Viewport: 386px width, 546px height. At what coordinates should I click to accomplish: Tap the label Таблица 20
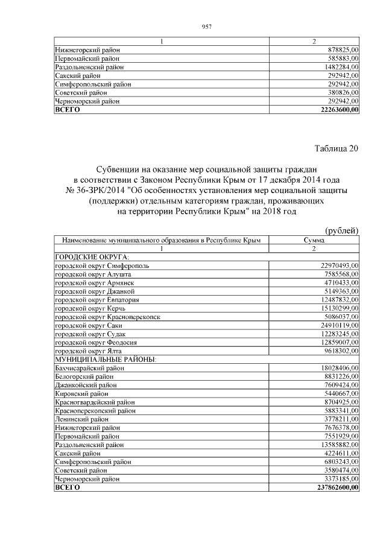[337, 150]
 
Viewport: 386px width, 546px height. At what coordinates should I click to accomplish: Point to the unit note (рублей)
[342, 230]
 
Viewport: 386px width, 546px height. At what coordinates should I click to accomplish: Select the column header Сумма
[314, 240]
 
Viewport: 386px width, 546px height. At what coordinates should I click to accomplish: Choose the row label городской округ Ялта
[84, 350]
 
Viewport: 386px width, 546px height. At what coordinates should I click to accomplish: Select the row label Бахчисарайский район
[90, 367]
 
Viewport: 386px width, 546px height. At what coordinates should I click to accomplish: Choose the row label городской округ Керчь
[86, 308]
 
